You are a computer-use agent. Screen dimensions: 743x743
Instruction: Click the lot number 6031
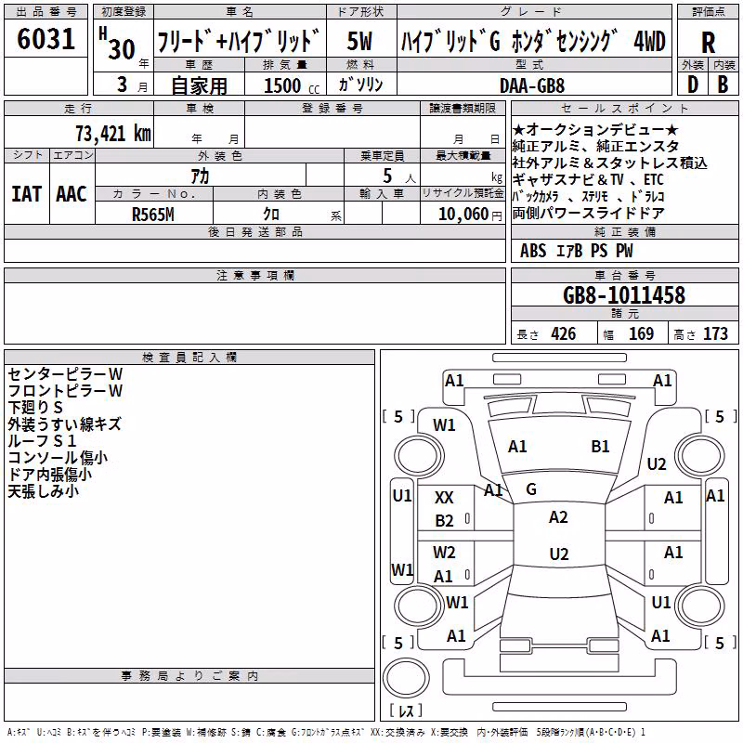(x=46, y=38)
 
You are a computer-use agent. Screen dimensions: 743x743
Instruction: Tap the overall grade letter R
(x=708, y=43)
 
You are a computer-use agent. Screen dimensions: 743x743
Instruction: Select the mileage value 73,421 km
(x=113, y=134)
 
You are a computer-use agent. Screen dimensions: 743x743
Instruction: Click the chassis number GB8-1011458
(x=624, y=294)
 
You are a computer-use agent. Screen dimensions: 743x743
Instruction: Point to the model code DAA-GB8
(x=532, y=85)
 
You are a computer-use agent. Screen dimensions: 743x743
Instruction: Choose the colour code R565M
(x=153, y=215)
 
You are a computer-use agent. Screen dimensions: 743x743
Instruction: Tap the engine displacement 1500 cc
(x=292, y=85)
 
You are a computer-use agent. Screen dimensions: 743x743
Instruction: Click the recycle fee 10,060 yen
(x=470, y=215)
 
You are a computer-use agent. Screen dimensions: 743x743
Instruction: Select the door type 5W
(x=359, y=41)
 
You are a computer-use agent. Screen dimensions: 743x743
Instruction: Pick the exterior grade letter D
(x=693, y=85)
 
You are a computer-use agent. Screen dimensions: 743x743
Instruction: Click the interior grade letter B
(x=723, y=85)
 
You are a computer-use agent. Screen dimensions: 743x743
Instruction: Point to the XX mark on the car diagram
(x=444, y=498)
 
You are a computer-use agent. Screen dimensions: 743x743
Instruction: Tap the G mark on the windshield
(x=531, y=489)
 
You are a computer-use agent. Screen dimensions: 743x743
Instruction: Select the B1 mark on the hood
(x=600, y=447)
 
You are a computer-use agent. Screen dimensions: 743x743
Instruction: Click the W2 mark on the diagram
(x=444, y=553)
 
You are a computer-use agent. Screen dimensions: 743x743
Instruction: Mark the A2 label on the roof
(x=558, y=517)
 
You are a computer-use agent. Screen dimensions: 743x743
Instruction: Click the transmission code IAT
(x=27, y=194)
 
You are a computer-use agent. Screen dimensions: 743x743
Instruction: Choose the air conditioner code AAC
(x=72, y=194)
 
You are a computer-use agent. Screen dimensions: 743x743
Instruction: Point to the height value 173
(x=715, y=333)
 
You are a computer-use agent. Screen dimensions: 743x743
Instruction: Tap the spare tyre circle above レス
(x=406, y=677)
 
